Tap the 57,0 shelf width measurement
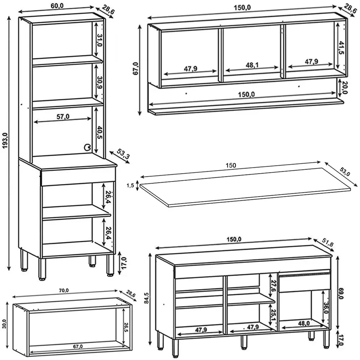(64, 116)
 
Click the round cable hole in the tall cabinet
(87, 147)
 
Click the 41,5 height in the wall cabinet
(341, 47)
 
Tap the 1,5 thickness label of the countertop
(130, 185)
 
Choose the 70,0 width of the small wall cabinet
(64, 291)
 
